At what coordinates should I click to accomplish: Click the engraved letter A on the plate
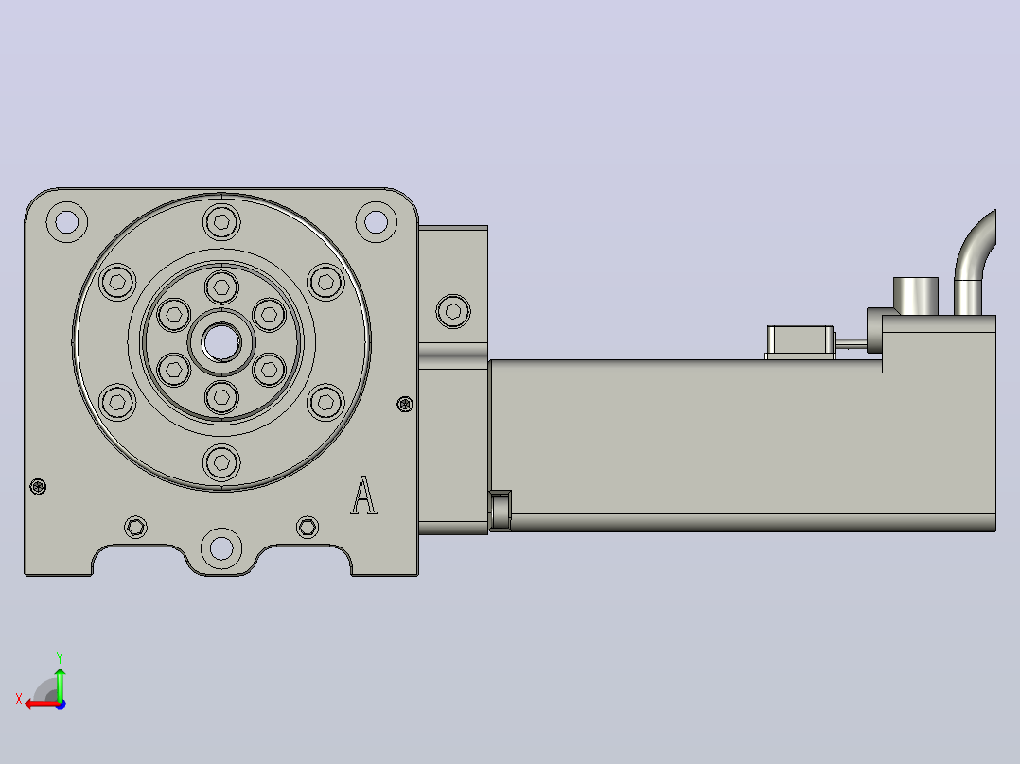[x=363, y=495]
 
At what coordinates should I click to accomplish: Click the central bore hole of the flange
[x=221, y=342]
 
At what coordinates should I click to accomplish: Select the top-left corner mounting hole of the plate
[x=67, y=221]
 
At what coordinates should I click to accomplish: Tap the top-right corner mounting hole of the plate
[x=376, y=221]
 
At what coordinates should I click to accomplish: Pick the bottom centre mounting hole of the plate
[x=221, y=548]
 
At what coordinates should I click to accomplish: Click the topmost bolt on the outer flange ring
[x=221, y=222]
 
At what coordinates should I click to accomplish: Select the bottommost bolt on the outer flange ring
[x=221, y=462]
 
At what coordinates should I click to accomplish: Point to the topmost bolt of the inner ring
[x=221, y=286]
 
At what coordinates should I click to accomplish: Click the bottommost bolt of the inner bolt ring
[x=221, y=396]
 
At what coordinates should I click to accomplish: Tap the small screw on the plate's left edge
[x=39, y=486]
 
